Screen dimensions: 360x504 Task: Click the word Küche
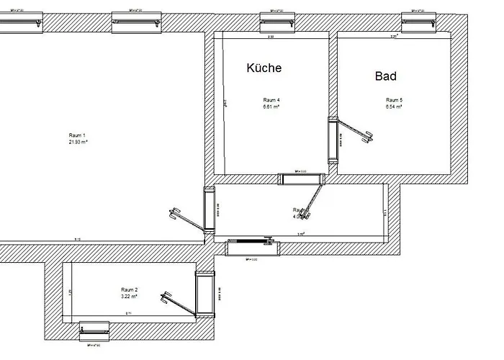264,68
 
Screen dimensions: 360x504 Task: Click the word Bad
386,76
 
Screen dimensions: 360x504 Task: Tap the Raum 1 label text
77,135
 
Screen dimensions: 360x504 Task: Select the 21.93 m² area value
77,143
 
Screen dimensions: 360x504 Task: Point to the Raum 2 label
129,289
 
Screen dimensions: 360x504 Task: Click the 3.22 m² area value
129,296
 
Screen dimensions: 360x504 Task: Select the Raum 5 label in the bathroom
393,99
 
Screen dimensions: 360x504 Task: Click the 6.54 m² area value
393,107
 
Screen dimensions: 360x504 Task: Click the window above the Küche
279,22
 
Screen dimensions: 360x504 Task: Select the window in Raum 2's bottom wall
94,330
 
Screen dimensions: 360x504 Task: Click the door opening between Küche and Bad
333,140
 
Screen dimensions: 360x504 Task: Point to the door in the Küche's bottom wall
302,179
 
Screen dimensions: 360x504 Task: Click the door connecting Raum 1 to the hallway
210,209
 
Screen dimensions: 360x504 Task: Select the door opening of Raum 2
206,294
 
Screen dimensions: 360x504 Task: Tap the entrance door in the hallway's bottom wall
252,248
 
